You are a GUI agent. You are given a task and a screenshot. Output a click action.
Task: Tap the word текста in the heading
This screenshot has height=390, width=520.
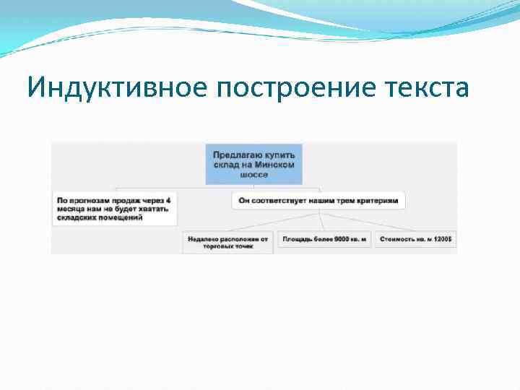point(429,88)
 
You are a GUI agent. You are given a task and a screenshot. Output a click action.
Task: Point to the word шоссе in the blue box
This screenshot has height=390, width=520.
point(253,174)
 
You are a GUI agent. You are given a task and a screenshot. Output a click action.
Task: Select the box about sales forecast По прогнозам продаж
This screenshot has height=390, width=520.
point(114,208)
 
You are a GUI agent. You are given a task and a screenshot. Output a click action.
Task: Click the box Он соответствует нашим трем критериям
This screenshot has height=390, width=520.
point(318,199)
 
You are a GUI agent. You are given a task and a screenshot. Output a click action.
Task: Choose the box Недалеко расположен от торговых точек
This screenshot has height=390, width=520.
point(227,241)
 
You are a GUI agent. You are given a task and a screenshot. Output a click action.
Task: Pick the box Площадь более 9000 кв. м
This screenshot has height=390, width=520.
point(324,238)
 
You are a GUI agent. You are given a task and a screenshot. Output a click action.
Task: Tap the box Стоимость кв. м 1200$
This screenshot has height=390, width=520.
point(415,238)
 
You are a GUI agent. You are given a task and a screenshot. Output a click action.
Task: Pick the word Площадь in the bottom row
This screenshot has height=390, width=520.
point(297,238)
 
